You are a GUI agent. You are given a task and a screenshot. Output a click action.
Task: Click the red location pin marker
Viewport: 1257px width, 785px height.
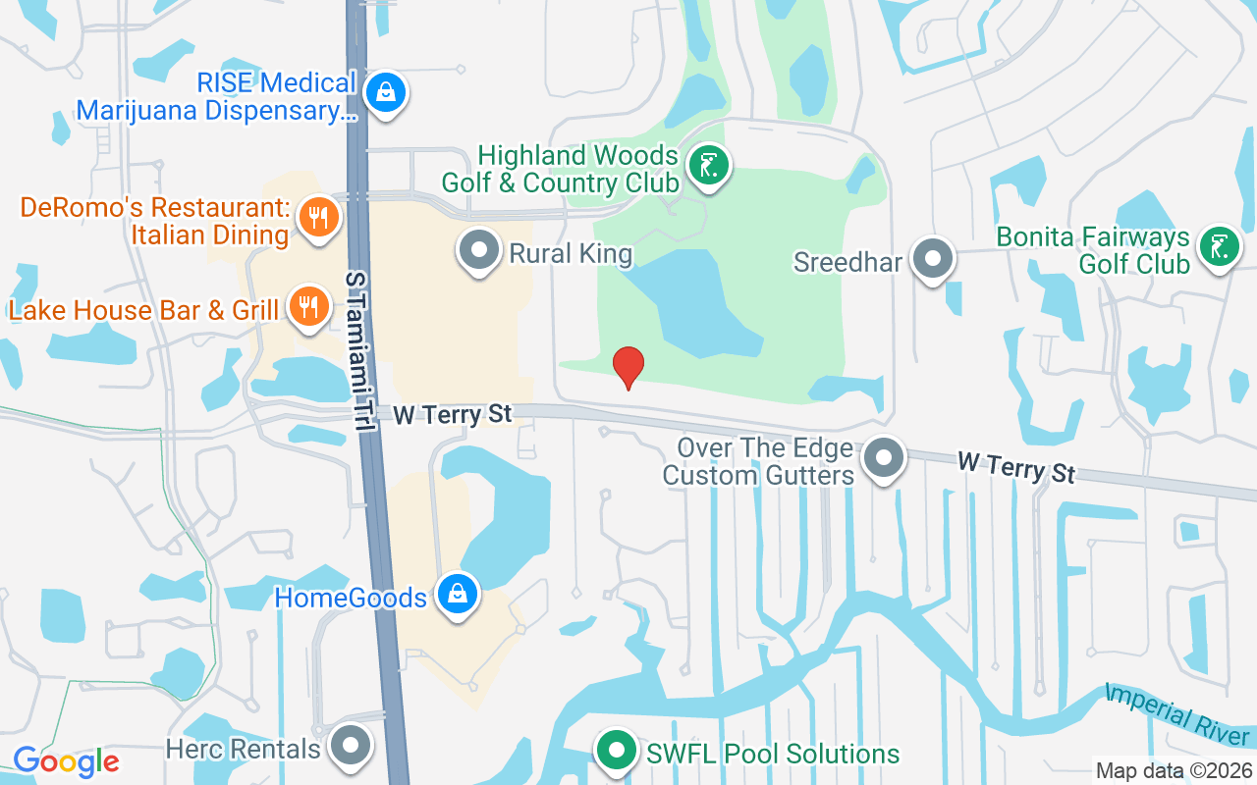[x=628, y=367]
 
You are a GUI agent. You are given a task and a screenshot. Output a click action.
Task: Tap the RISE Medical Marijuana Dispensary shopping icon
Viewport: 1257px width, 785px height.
[x=386, y=94]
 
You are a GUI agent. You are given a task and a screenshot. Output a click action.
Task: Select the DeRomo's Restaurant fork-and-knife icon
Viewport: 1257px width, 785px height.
[x=317, y=217]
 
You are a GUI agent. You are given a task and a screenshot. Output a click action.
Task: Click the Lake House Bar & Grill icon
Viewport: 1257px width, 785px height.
[x=308, y=307]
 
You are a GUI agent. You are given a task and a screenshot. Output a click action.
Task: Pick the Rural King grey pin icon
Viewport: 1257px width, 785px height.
[x=480, y=250]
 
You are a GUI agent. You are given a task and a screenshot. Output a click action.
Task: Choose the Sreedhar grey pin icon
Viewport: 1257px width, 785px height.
[x=933, y=259]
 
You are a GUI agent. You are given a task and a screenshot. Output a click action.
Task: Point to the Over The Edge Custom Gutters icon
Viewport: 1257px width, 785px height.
[x=884, y=457]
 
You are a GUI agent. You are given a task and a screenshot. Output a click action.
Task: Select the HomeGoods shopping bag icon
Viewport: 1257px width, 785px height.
[x=457, y=595]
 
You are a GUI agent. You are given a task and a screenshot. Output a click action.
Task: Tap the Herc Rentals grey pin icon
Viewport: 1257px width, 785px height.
[x=351, y=746]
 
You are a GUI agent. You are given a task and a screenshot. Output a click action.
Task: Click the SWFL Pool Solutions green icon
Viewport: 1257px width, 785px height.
[x=617, y=753]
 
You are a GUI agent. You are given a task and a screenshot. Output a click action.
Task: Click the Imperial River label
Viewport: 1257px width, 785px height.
[x=1177, y=713]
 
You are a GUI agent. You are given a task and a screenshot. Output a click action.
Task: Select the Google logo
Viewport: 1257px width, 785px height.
[x=66, y=761]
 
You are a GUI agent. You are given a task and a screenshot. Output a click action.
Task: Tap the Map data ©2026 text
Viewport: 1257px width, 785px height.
[x=1173, y=771]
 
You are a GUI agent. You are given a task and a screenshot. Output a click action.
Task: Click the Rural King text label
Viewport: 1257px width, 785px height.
[x=571, y=254]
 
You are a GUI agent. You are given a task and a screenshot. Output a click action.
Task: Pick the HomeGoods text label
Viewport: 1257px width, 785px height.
[x=351, y=598]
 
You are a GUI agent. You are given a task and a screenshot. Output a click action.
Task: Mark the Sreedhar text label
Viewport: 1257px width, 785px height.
[x=847, y=262]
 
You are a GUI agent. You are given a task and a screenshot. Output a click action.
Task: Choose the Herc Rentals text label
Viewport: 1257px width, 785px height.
[x=243, y=750]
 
